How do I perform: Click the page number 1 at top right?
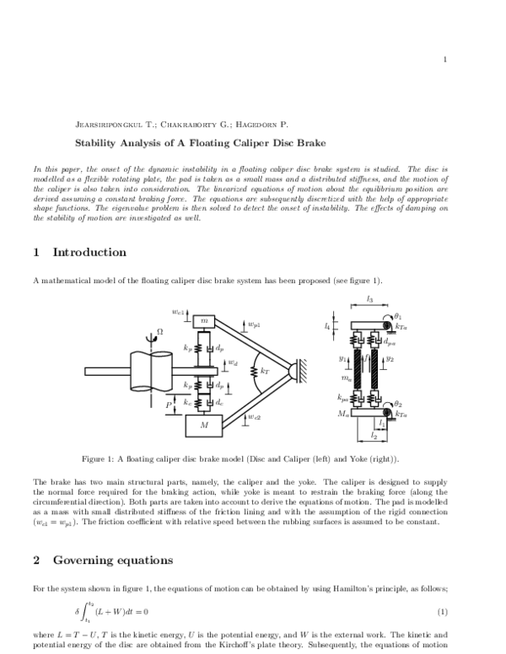click(x=443, y=59)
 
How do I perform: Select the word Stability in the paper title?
click(x=94, y=143)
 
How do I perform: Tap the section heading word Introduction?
click(x=89, y=252)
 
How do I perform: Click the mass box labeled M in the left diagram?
click(x=203, y=426)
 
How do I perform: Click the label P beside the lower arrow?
click(x=171, y=405)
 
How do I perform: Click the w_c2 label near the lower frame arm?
click(x=254, y=417)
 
